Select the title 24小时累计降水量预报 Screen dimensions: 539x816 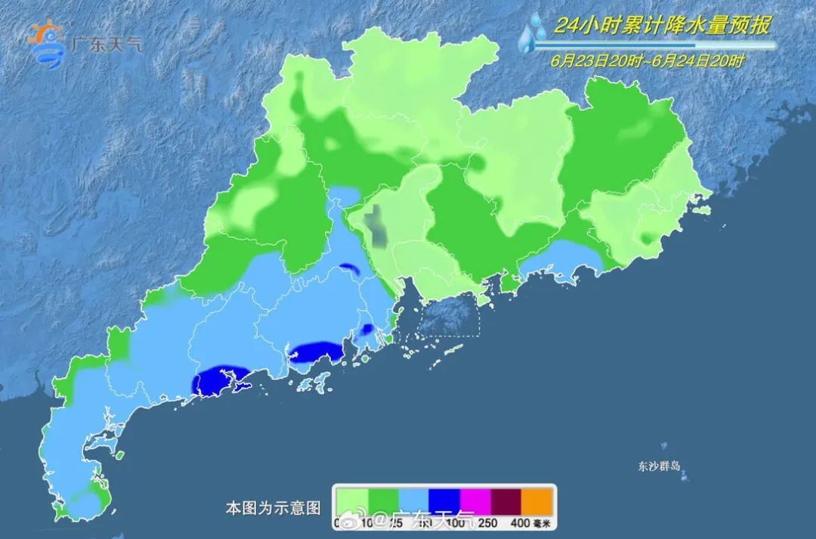[662, 26]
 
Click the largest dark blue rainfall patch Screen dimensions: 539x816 [220, 379]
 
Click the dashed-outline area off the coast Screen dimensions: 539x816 [449, 314]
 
